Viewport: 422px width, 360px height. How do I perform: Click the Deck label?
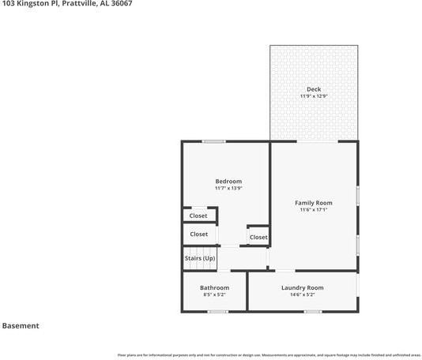[314, 89]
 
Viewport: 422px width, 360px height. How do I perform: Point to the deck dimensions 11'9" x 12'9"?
[314, 96]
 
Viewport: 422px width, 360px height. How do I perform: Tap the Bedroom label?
[228, 182]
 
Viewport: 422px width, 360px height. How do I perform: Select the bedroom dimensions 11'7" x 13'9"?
[228, 189]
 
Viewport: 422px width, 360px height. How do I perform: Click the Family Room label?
[314, 203]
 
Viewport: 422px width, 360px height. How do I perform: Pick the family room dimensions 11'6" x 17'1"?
[314, 210]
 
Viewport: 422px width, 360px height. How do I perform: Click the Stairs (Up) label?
[200, 258]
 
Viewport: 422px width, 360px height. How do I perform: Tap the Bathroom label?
[214, 287]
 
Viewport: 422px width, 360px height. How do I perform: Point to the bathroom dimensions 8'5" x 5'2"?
[214, 294]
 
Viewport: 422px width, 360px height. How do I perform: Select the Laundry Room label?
[303, 287]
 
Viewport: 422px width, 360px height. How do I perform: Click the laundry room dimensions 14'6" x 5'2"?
[303, 294]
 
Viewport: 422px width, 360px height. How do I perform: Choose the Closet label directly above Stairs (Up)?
[199, 234]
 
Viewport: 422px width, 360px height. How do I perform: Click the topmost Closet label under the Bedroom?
[198, 216]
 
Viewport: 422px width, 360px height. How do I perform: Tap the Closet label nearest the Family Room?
[258, 237]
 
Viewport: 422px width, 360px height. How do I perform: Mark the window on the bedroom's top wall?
[213, 141]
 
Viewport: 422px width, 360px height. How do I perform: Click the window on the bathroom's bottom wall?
[217, 311]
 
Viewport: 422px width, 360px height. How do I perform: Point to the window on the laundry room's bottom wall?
[313, 311]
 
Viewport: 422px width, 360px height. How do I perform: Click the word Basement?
[21, 325]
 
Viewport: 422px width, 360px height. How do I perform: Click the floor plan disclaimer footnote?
[269, 354]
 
